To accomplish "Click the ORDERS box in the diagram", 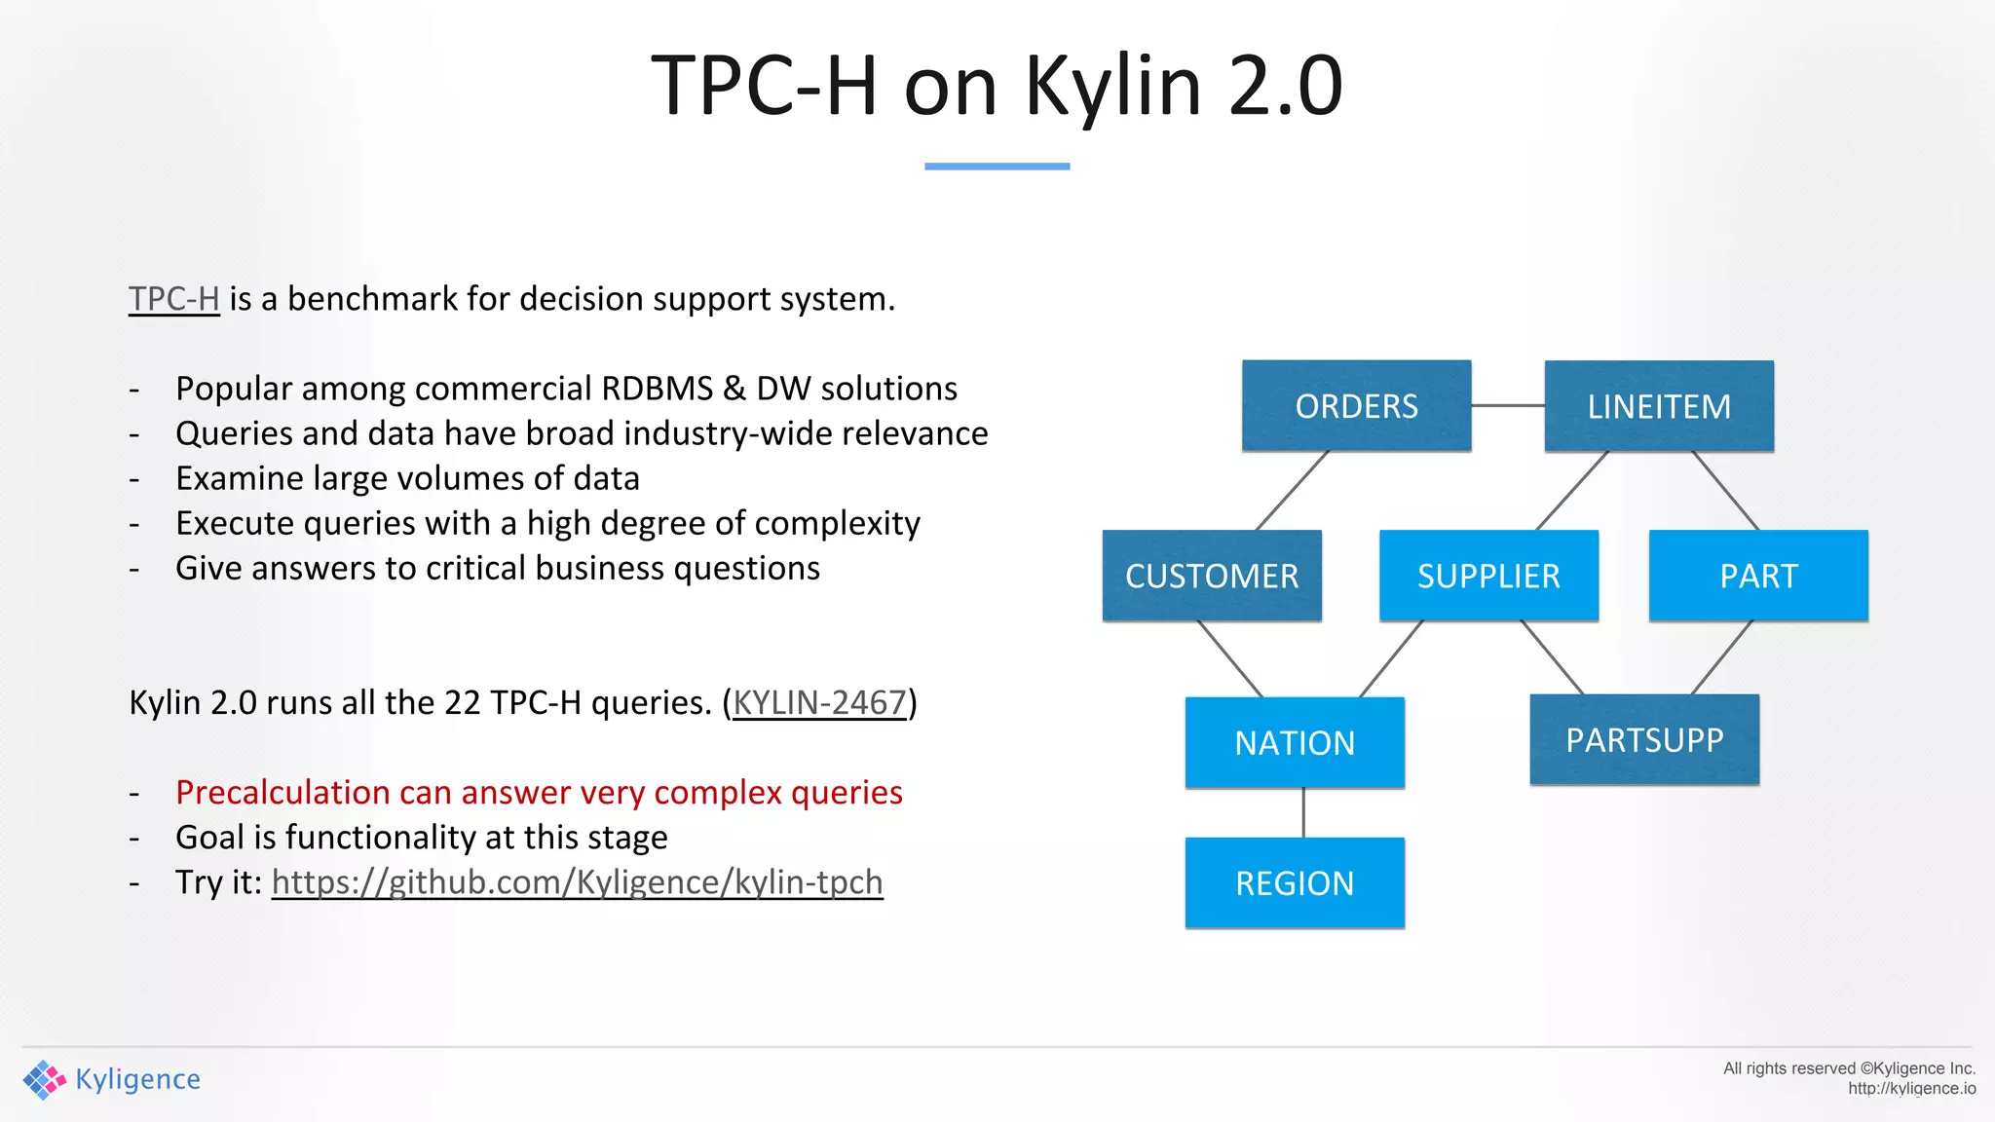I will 1356,406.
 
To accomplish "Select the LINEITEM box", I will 1659,406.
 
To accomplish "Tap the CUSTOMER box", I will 1212,576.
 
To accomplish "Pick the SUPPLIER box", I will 1488,576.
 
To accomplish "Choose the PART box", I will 1758,576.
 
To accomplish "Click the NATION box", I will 1295,743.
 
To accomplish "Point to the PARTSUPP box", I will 1644,740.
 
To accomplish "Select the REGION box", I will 1295,883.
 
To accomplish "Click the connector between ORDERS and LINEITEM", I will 1508,405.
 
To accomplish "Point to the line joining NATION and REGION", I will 1303,812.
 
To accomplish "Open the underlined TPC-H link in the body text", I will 174,299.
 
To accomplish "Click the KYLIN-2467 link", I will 819,702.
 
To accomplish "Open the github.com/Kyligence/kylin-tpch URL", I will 577,882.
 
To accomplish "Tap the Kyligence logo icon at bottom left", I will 44,1079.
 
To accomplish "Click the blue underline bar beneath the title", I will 997,167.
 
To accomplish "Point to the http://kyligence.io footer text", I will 1911,1089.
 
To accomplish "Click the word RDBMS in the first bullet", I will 657,389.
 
